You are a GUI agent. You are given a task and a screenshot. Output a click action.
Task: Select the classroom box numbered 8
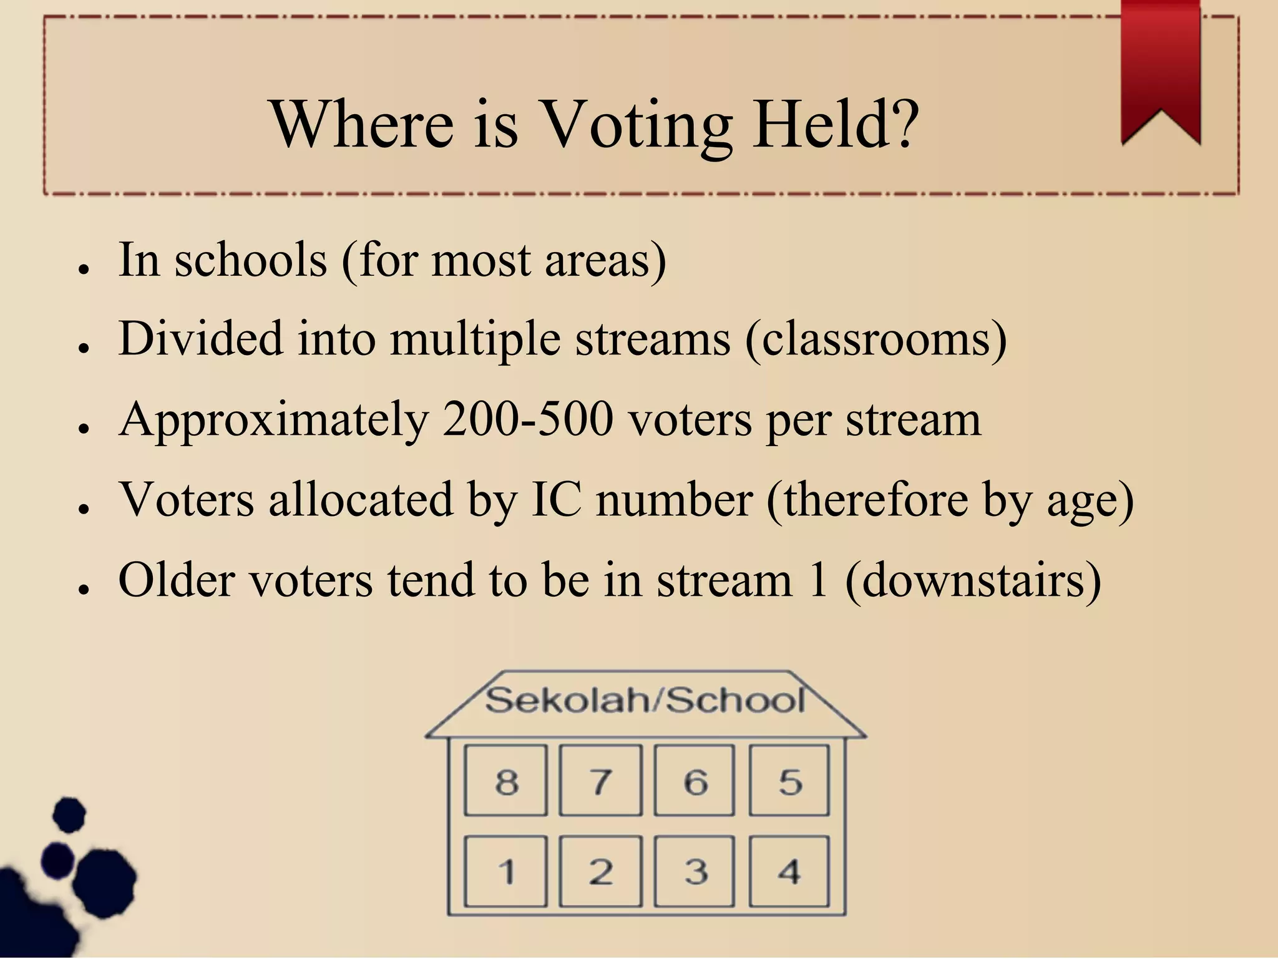pyautogui.click(x=505, y=780)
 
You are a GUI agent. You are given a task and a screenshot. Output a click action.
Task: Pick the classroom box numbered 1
pyautogui.click(x=505, y=871)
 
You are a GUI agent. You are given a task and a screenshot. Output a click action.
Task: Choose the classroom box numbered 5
pyautogui.click(x=789, y=780)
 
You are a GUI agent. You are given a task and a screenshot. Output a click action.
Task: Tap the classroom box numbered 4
pyautogui.click(x=789, y=871)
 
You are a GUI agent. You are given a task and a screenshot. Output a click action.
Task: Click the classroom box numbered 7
pyautogui.click(x=600, y=780)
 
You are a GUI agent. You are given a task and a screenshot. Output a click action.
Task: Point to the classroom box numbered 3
pyautogui.click(x=695, y=871)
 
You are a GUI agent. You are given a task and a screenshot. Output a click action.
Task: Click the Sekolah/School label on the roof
pyautogui.click(x=645, y=700)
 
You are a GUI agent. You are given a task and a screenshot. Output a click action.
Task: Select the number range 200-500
pyautogui.click(x=528, y=419)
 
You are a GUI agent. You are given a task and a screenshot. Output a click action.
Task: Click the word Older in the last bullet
pyautogui.click(x=177, y=580)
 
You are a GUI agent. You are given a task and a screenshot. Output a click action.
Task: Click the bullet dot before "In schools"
pyautogui.click(x=83, y=268)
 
